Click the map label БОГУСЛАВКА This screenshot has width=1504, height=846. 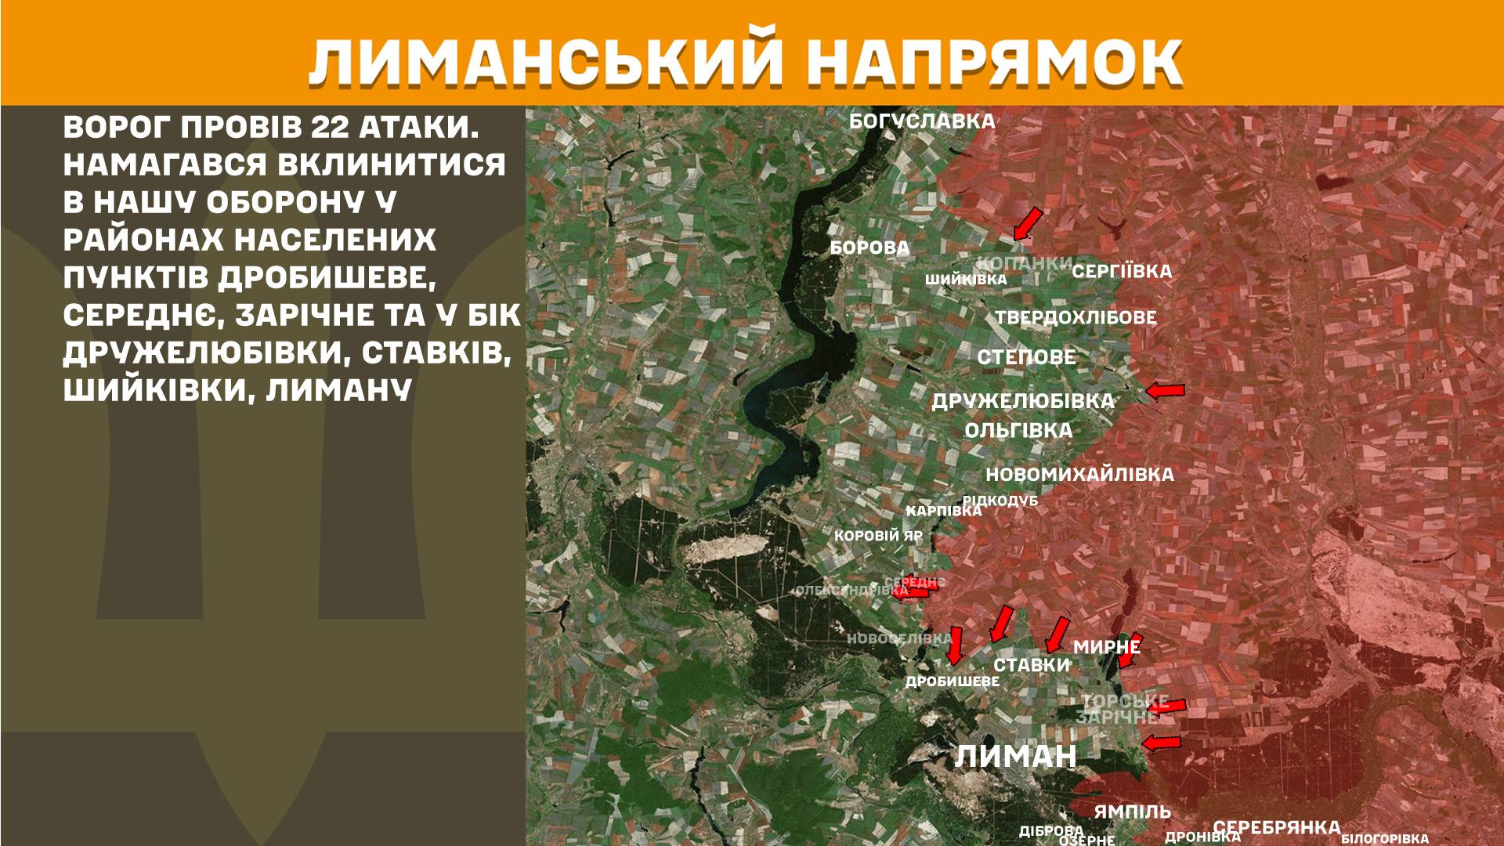click(x=922, y=121)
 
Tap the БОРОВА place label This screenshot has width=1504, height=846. click(x=869, y=248)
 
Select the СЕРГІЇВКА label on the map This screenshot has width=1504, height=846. click(x=1122, y=272)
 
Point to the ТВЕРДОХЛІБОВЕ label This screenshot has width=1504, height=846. click(x=1076, y=318)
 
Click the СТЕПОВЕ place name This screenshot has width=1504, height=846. click(x=1026, y=357)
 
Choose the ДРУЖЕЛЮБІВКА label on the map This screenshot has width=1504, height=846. click(x=1022, y=401)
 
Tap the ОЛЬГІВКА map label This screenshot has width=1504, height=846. click(x=1018, y=431)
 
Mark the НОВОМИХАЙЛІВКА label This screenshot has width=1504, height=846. click(x=1079, y=475)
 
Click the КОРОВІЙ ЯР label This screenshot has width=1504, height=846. click(x=878, y=537)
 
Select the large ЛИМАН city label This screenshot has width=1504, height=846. click(x=1016, y=757)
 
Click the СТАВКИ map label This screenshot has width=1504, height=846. click(x=1031, y=665)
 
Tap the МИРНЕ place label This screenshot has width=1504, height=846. click(x=1106, y=647)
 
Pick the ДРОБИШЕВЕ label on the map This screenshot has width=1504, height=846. click(x=953, y=681)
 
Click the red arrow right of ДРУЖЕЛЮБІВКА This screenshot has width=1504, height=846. click(x=1165, y=390)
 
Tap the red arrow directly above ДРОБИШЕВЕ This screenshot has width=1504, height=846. click(x=954, y=645)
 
